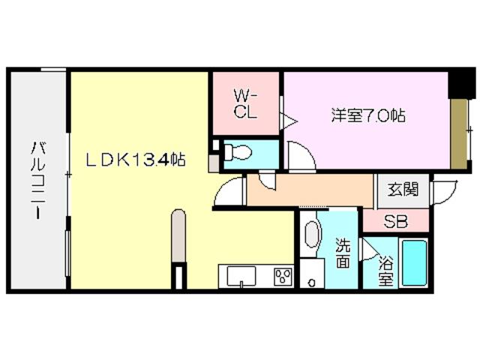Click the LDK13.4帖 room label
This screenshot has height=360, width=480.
(x=136, y=160)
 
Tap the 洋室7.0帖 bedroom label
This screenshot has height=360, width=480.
(x=368, y=116)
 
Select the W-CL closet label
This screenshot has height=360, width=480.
(x=245, y=105)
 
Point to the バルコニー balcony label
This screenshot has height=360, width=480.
(x=38, y=180)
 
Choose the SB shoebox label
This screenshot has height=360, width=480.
(x=396, y=222)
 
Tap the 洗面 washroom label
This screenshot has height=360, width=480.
(x=343, y=253)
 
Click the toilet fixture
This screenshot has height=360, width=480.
(x=237, y=151)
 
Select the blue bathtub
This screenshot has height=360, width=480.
(x=415, y=263)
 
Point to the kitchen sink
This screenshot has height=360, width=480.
(x=241, y=276)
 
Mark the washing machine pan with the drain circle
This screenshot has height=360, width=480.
(x=312, y=273)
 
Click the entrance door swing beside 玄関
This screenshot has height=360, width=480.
(x=444, y=193)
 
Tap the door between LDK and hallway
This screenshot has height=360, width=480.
(x=229, y=190)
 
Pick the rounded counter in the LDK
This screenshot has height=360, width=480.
(x=178, y=235)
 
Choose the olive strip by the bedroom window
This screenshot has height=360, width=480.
(x=458, y=133)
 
